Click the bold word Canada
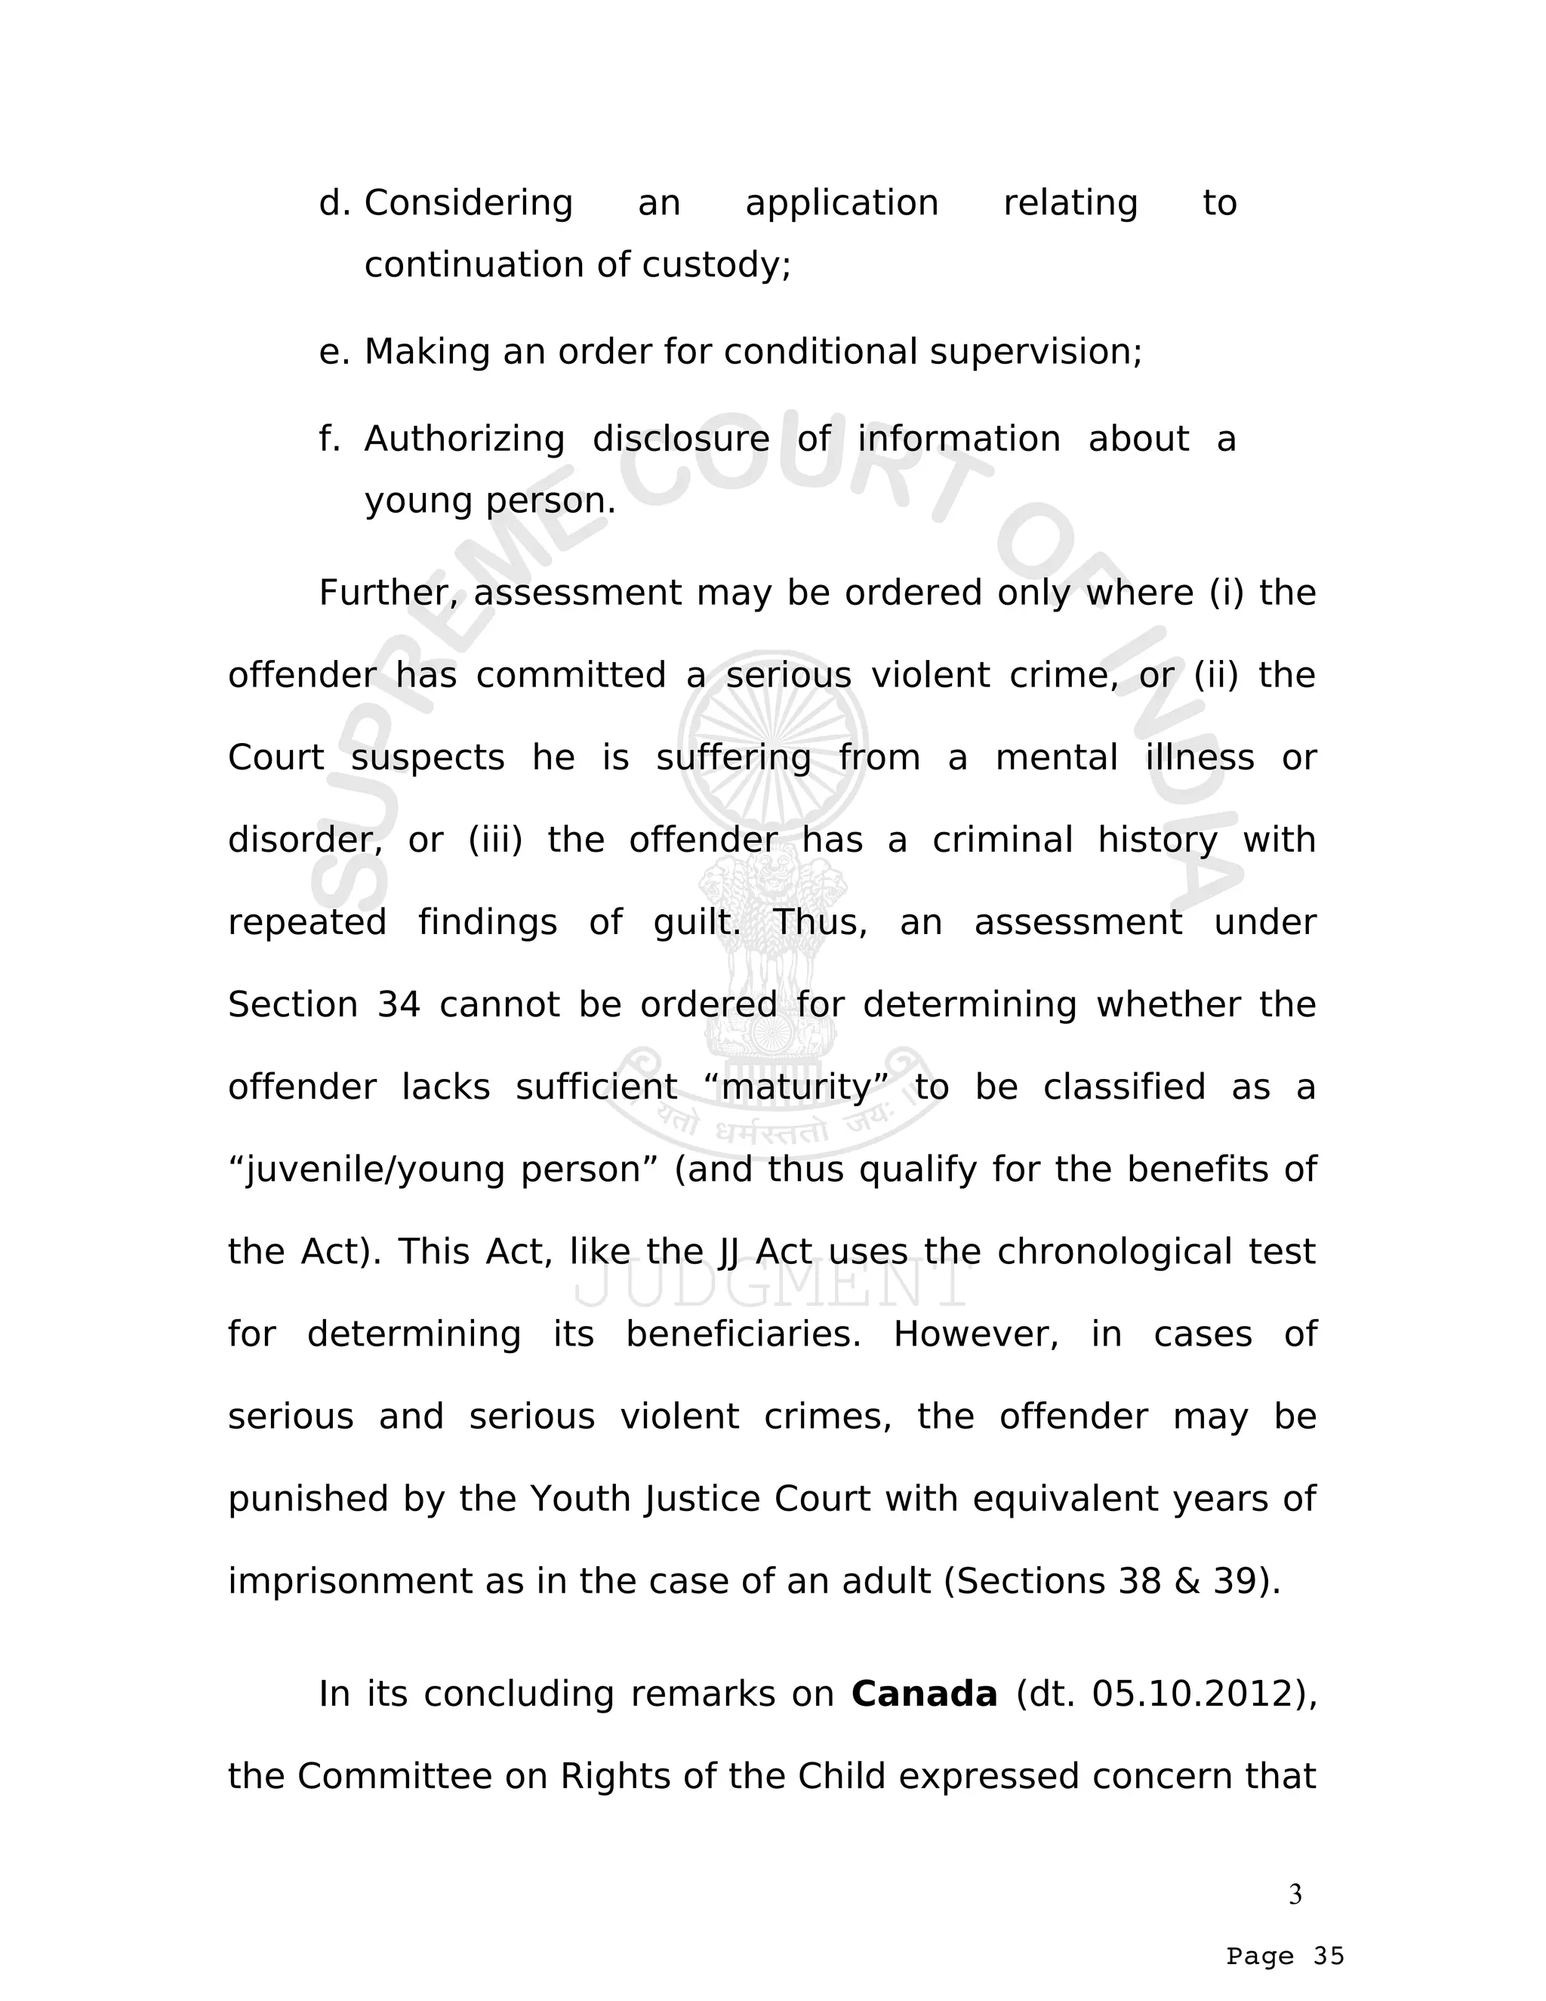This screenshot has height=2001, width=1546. pos(923,1694)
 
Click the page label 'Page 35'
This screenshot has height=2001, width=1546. pos(1285,1956)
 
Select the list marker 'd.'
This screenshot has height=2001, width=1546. pos(334,202)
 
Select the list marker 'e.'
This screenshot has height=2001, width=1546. pos(334,352)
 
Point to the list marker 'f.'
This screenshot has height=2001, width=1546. pos(330,439)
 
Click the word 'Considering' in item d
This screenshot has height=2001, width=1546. pos(468,202)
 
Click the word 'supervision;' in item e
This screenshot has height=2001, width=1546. pos(1036,352)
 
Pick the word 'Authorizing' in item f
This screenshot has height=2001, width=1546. pos(464,439)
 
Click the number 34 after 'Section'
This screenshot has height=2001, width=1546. pos(399,1005)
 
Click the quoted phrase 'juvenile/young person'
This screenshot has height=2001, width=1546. pos(444,1170)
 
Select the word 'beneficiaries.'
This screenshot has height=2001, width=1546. pos(744,1335)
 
